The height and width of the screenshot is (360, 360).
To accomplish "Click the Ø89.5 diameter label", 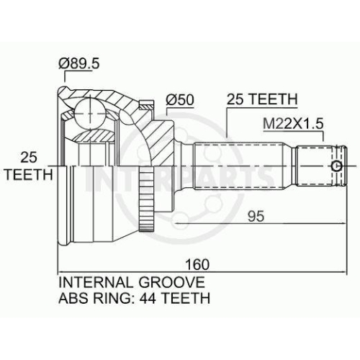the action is tap(78, 64).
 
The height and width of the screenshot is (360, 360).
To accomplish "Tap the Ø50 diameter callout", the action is tap(180, 99).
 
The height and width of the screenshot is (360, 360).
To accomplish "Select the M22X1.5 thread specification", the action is tap(293, 124).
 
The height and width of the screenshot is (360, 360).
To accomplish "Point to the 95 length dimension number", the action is tap(256, 216).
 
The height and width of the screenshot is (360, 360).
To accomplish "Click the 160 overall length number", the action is tap(197, 264).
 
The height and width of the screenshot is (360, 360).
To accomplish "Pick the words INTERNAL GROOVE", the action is tap(132, 282).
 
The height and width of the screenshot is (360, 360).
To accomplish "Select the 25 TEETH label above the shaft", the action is tap(262, 99).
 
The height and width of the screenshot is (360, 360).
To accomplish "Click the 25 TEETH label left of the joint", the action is tap(29, 166).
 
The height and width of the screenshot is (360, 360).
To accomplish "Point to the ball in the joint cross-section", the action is tap(90, 114).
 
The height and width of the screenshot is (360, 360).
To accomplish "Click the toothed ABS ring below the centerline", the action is tap(146, 199).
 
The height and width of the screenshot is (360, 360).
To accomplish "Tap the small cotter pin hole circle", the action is tap(337, 166).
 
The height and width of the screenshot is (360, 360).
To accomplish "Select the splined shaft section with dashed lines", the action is tap(240, 166).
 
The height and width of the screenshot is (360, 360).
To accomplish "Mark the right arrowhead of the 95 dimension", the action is tap(343, 224).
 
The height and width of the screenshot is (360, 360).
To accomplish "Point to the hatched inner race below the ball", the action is tap(94, 135).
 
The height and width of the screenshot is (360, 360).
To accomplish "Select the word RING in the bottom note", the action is tap(110, 298).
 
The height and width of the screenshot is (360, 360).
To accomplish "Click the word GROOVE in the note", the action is tap(172, 282).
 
